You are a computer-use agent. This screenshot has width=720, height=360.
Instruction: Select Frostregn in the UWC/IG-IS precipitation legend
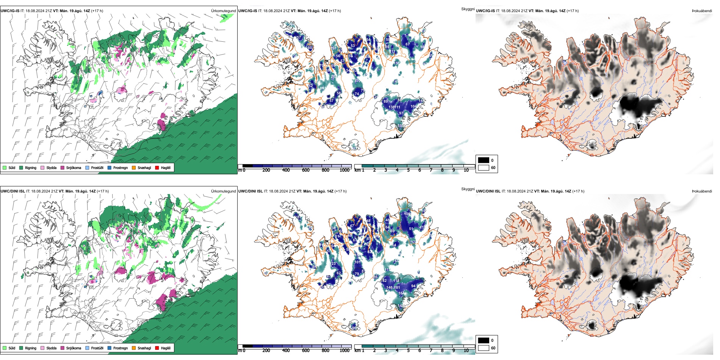[120, 168]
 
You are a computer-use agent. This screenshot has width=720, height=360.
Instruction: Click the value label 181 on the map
[397, 288]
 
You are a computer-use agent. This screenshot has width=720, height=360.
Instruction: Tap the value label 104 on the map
[413, 106]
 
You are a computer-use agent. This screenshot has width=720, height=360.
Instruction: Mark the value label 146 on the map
[389, 288]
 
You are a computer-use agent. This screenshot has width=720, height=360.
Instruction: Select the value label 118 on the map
[396, 281]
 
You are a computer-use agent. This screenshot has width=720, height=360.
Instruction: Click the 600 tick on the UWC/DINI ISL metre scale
[306, 351]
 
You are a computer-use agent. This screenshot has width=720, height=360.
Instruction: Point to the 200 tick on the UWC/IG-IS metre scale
[266, 171]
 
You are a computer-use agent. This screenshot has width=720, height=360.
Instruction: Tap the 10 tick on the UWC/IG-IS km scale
[466, 171]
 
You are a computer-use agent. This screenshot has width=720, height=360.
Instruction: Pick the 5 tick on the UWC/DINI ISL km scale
[408, 351]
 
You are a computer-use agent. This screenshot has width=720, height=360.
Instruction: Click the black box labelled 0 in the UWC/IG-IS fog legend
[484, 160]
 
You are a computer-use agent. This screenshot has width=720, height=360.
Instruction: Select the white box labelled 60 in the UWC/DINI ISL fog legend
[484, 348]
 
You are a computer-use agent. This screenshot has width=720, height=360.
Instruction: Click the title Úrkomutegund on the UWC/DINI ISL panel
[223, 191]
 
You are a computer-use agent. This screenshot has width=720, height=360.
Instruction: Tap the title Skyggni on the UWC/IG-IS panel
[468, 9]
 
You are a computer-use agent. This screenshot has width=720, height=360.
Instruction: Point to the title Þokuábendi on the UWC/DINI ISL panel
[702, 191]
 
